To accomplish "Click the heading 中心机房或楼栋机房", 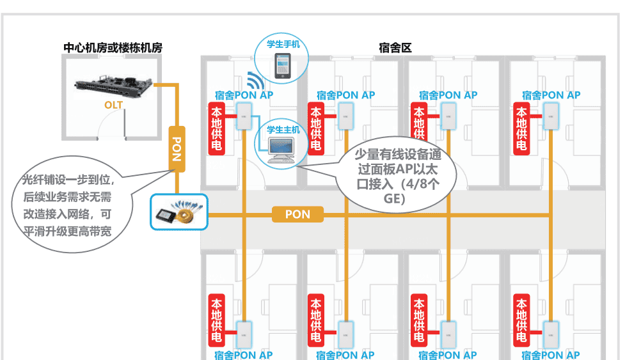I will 113,47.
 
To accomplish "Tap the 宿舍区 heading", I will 395,47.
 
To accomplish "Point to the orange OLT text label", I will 114,104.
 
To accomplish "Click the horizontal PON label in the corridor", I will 297,214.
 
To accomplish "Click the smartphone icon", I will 282,66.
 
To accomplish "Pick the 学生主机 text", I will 283,129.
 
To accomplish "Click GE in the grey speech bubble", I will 394,200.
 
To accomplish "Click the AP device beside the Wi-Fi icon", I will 244,116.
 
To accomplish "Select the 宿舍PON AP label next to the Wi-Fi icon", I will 244,95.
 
